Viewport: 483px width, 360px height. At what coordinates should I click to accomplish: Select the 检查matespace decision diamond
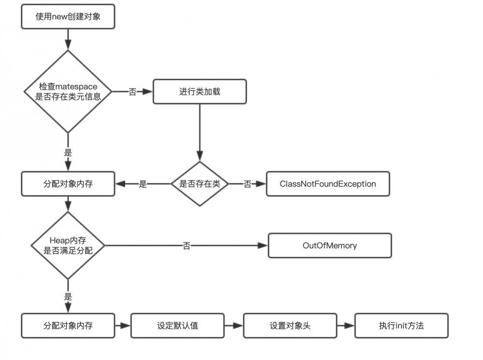(x=68, y=91)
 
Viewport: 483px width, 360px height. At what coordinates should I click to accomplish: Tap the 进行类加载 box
(x=199, y=91)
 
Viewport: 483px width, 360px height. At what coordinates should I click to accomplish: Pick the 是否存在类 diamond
(x=199, y=184)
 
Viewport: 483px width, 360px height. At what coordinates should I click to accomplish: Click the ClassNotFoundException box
(x=328, y=184)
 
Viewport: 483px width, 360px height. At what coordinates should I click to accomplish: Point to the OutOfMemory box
(x=330, y=245)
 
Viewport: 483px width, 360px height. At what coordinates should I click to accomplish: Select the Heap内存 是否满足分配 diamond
(x=68, y=245)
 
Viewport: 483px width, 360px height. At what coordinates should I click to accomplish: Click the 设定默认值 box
(x=178, y=325)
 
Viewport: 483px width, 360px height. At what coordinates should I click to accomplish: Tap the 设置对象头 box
(x=290, y=325)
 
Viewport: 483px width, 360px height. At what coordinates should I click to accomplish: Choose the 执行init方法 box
(x=401, y=325)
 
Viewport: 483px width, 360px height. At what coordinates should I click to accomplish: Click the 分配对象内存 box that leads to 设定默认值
(x=68, y=325)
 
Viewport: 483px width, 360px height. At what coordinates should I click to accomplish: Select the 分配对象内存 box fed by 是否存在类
(x=68, y=184)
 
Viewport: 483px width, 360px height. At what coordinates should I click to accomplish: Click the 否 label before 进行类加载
(x=132, y=92)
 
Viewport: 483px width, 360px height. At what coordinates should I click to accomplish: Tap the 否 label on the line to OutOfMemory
(x=186, y=246)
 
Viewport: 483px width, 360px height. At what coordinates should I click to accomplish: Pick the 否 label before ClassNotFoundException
(x=247, y=184)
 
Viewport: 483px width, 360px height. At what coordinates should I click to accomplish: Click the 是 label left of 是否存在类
(x=143, y=184)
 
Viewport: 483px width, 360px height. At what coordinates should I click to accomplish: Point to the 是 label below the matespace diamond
(x=68, y=152)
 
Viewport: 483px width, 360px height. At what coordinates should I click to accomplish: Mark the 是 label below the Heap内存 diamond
(x=68, y=297)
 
